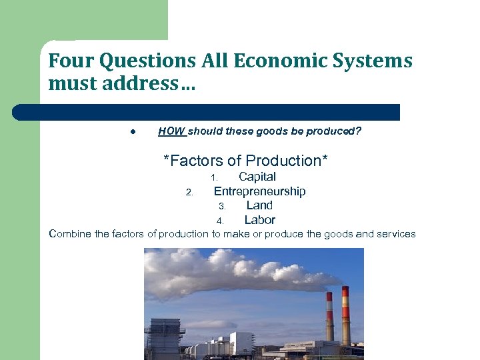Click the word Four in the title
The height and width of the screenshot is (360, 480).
[69, 61]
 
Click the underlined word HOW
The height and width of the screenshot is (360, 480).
[171, 131]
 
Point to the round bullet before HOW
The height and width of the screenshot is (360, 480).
[133, 132]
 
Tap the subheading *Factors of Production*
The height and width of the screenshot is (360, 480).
[246, 161]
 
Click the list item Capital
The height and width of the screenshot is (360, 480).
[257, 177]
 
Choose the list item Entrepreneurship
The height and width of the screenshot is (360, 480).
[259, 191]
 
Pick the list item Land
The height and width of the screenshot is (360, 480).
[259, 205]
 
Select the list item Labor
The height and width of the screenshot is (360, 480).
[259, 220]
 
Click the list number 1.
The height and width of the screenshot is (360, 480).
[214, 178]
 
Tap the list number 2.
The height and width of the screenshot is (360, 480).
[189, 193]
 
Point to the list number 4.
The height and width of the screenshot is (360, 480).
[219, 221]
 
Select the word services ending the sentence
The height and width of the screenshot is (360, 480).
[395, 234]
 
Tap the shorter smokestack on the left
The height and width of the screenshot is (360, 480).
[329, 319]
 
